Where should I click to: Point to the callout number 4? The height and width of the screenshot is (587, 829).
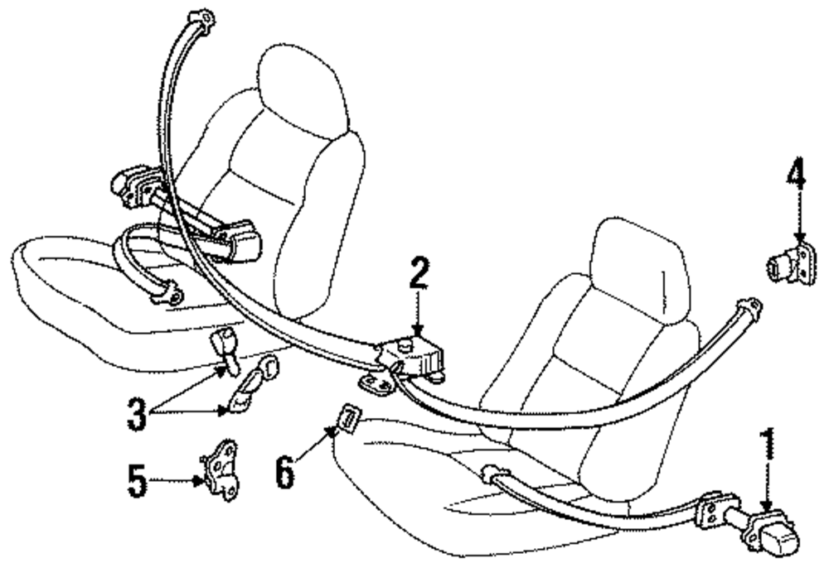(796, 176)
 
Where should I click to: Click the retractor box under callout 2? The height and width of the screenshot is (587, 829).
(419, 357)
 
